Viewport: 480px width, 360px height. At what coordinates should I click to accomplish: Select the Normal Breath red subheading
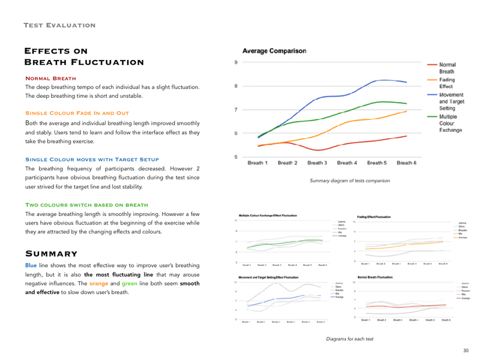click(x=50, y=79)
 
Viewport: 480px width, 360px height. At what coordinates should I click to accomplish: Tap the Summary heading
click(x=50, y=254)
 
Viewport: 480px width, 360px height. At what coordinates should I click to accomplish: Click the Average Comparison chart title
click(x=274, y=51)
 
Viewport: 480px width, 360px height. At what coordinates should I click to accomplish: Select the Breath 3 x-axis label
click(x=317, y=163)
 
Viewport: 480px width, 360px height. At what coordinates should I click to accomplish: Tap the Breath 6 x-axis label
click(x=406, y=163)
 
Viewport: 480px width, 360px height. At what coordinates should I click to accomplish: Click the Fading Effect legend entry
click(x=446, y=83)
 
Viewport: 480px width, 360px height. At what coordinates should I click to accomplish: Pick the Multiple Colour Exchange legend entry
click(x=450, y=122)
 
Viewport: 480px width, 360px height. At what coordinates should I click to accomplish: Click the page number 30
click(x=466, y=350)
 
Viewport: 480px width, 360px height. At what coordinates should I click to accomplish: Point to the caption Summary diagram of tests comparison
click(x=349, y=180)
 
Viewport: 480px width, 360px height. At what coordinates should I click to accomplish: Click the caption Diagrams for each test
click(x=349, y=339)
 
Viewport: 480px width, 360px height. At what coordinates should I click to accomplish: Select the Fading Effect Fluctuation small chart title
click(x=373, y=216)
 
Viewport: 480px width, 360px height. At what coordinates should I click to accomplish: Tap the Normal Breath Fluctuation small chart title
click(x=374, y=277)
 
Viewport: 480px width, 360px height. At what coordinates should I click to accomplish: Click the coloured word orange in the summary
click(x=99, y=283)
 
